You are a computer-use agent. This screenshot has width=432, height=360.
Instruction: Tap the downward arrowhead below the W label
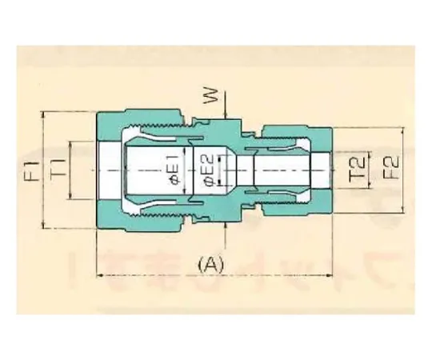pyautogui.click(x=225, y=118)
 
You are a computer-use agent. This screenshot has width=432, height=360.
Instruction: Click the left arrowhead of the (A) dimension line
pyautogui.click(x=99, y=275)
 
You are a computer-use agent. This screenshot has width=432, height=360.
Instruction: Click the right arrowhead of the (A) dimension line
pyautogui.click(x=327, y=275)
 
